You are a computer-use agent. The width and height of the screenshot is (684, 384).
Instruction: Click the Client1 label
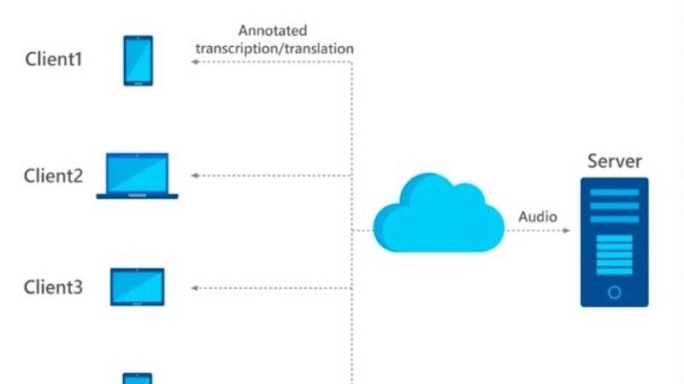point(52,61)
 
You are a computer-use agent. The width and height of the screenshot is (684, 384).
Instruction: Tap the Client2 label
point(53,176)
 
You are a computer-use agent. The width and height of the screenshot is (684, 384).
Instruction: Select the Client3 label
point(53,287)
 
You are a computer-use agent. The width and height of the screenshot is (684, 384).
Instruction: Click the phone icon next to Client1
point(138,60)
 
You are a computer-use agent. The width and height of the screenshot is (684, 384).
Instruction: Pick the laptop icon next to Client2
point(137,175)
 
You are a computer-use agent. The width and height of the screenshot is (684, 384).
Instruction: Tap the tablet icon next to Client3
point(137,287)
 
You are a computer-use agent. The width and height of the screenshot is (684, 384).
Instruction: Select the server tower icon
point(614,241)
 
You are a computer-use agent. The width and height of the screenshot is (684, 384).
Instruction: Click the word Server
point(614,161)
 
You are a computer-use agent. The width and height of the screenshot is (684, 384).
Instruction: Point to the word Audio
point(538,216)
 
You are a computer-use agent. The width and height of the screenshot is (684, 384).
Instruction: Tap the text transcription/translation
point(274,48)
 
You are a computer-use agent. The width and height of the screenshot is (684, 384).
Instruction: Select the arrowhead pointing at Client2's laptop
point(194,175)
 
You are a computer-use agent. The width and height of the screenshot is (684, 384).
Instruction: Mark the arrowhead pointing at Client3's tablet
point(194,288)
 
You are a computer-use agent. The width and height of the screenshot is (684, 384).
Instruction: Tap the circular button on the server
point(614,292)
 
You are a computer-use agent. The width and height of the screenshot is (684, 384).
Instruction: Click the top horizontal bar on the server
point(614,192)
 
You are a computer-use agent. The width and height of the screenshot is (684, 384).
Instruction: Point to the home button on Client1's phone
point(138,82)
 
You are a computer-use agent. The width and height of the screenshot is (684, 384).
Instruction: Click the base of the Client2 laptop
point(137,196)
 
